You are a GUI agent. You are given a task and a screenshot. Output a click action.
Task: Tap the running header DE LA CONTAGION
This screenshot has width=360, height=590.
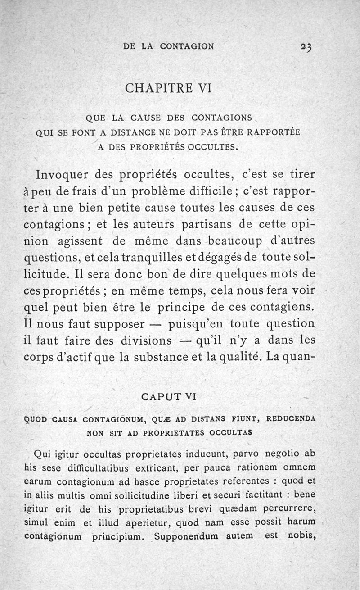[169, 46]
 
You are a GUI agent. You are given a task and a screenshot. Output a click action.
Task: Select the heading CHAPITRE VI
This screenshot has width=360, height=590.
[168, 88]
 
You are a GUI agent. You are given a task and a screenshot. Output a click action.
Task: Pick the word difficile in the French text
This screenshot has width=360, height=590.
[209, 191]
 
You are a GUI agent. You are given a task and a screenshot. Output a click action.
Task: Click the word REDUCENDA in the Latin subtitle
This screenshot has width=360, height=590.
[291, 418]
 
